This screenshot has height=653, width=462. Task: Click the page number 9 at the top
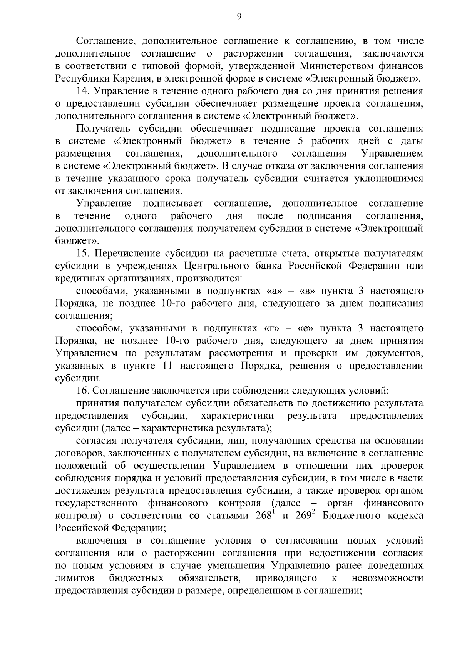tap(239, 16)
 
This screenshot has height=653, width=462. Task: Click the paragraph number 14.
tap(83, 91)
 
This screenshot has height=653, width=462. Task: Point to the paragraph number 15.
tap(83, 253)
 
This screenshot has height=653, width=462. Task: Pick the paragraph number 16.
tap(83, 391)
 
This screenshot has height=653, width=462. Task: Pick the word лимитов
tap(75, 578)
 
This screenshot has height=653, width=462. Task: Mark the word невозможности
tap(387, 578)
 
